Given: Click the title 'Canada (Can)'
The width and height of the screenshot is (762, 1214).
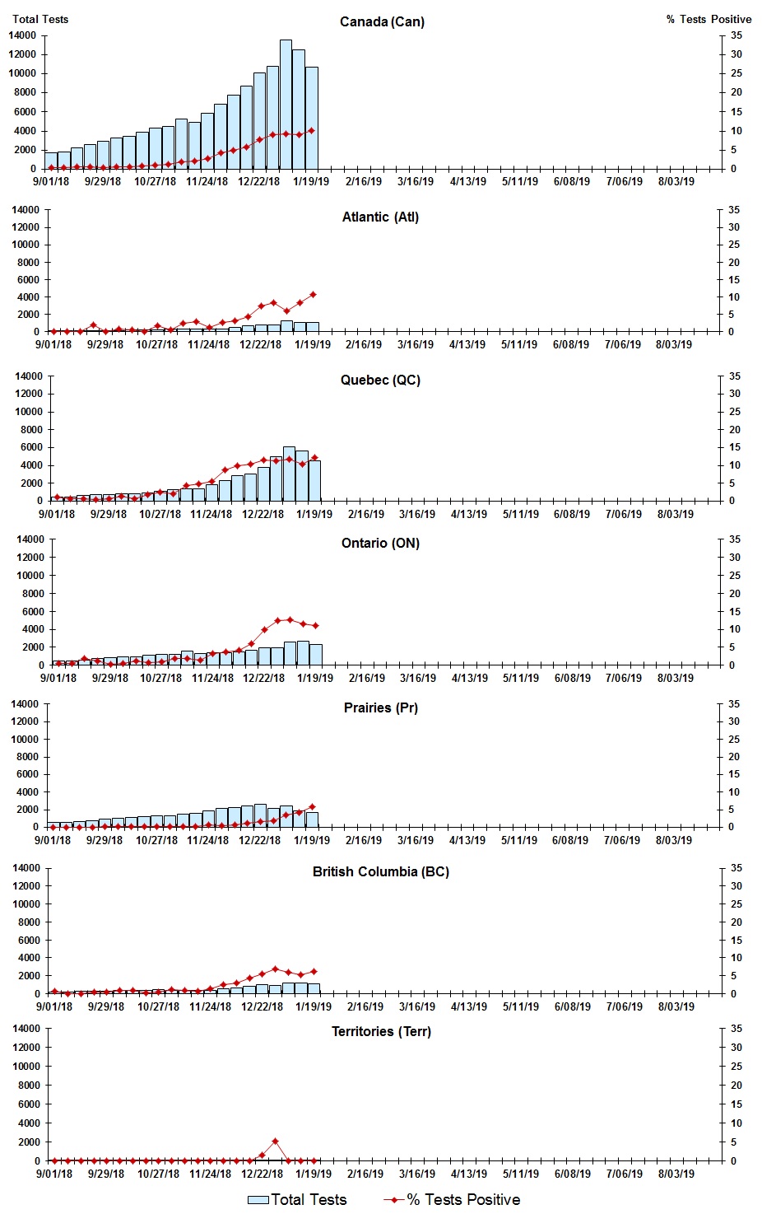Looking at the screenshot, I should point(382,22).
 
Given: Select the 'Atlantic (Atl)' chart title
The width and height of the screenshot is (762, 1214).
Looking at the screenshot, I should point(380,217).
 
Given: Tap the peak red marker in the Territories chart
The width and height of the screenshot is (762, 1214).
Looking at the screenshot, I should point(275,1142).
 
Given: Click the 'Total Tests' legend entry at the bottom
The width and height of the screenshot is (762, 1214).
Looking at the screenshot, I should point(298,1199).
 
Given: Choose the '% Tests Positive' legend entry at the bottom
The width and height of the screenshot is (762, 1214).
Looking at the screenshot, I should point(452,1199).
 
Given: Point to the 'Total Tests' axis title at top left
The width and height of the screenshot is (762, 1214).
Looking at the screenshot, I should point(40,19).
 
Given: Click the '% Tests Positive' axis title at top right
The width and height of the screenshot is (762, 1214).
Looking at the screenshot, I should point(709,19).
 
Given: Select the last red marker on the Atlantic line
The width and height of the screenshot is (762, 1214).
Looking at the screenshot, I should point(313,294).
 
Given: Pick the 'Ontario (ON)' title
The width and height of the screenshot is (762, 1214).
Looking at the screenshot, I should point(380,544).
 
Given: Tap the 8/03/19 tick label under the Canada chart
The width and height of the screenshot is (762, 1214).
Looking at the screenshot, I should point(676,182).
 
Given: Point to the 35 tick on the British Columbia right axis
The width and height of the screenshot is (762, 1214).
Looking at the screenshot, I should point(736,868).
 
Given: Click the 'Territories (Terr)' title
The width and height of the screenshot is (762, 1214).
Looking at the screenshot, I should point(381,1032).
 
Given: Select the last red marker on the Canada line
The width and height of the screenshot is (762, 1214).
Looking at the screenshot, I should point(311,130).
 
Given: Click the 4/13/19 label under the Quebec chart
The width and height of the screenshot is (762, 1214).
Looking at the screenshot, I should point(468,514).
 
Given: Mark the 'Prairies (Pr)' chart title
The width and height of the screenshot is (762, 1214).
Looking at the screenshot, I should point(380,708).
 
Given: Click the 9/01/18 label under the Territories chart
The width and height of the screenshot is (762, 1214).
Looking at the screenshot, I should point(53,1174).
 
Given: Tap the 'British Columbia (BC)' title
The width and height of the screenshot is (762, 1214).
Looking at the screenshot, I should point(380,872).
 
